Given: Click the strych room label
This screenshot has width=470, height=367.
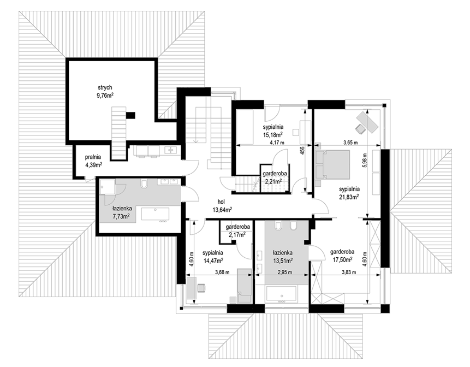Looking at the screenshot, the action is coord(105,87).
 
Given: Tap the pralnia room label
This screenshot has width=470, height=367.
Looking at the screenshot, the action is coord(93,157).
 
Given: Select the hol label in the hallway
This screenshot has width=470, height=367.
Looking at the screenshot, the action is coord(221,202).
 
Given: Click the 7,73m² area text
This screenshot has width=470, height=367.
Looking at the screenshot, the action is coord(121,216).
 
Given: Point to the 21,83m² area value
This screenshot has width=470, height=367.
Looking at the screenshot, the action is coord(349,197).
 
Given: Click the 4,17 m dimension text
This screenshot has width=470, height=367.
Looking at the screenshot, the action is coord(277,143).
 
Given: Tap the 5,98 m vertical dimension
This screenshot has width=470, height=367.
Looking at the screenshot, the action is coord(365,162).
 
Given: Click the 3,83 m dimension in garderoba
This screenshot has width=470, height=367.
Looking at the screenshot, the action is coord(349,273).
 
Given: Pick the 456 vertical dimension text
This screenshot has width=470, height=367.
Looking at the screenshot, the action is coord(302,150).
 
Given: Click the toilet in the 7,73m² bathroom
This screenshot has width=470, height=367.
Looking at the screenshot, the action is coord(144,184).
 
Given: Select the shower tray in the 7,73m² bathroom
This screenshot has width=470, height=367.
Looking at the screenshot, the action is coord(107,187).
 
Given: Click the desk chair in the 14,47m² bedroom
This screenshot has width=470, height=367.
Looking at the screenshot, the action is coord(201,287).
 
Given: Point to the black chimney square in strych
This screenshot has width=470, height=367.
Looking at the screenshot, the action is coord(130,115).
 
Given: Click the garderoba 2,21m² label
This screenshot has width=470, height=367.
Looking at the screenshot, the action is coord(275,177).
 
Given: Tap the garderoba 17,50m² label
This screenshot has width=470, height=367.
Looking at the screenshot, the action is coord(342,255).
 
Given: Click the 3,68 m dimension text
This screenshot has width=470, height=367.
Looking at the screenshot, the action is coord(222,273).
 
